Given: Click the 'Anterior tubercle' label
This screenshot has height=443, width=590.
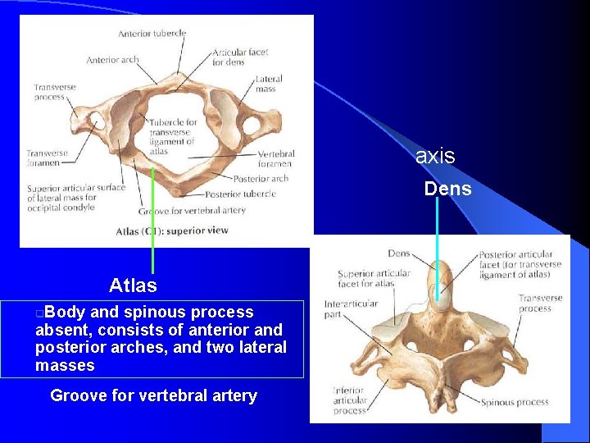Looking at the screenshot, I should [152, 34].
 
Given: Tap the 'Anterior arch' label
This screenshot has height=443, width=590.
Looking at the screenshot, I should [112, 60].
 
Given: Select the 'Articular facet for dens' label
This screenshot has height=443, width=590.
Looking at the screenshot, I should [240, 57].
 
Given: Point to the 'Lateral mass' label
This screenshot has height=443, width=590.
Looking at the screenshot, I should [269, 84].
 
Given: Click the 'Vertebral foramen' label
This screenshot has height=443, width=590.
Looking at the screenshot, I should [275, 158].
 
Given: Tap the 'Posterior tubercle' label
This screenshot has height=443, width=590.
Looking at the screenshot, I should [240, 194].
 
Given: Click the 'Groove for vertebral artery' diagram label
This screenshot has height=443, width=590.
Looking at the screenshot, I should [192, 211].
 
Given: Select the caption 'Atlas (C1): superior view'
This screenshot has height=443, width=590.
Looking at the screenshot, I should [172, 231].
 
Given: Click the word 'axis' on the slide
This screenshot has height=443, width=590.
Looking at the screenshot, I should [435, 156].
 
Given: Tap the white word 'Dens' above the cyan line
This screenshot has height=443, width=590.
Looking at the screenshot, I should [447, 189].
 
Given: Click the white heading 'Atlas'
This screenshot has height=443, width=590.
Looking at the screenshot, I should [133, 285].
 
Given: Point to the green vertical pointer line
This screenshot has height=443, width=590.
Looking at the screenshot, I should [152, 221].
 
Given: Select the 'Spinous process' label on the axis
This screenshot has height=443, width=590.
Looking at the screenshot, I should [515, 403].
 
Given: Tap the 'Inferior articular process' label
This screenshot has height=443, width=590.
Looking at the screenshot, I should [349, 400].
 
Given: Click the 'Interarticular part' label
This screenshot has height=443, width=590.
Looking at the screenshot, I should [350, 308].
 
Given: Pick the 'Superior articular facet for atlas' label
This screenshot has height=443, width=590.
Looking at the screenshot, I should [374, 278].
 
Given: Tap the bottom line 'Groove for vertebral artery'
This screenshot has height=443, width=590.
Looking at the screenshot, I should [153, 395].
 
